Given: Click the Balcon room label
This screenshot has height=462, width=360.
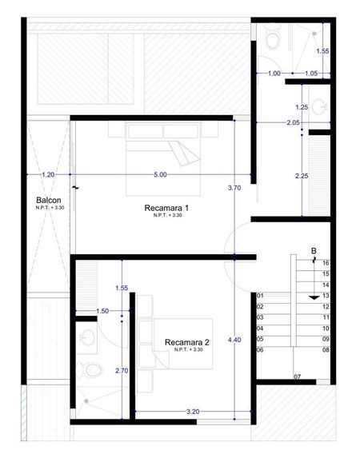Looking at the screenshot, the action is pos(49,200).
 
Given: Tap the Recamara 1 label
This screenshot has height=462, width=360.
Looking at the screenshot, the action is pos(166,208).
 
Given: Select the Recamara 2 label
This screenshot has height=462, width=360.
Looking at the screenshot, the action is pos(187,342).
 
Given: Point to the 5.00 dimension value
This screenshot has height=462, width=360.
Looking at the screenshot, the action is pos(160,175).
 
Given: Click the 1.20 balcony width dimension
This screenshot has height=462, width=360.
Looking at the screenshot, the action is pos(48,175).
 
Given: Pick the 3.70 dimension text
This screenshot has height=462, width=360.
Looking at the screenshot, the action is pos(234,188).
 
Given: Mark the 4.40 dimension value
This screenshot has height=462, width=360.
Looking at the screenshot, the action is pos(234,340).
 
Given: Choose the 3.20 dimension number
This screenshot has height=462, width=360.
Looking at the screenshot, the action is pos(193,412).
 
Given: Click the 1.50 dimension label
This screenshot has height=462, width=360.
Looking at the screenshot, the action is pos(102,311).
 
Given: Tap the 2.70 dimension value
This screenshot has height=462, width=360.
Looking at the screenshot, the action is pos(122,371).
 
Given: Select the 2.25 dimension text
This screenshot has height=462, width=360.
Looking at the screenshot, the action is pos(302,176).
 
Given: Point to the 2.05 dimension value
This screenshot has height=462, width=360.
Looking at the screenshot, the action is pos(294,122).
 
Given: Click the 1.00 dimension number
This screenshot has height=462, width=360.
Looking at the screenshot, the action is pos(274,73).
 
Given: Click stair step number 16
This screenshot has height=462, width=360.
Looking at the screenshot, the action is pos(326,263).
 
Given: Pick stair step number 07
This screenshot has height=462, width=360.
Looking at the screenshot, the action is pos(297,376).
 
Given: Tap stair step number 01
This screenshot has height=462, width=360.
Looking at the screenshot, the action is pos(260,296).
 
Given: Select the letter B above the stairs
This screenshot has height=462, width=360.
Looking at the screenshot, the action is pos(314,251).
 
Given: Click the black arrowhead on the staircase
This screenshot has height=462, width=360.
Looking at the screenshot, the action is pos(314,298).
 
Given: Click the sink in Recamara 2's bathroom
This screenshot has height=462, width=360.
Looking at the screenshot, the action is pos(87,337).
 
